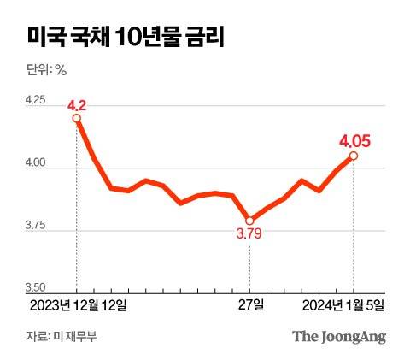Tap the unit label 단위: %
click(47, 70)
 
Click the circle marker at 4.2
click(77, 119)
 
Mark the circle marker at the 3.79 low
click(249, 220)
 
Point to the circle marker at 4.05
click(354, 156)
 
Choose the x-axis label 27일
click(252, 304)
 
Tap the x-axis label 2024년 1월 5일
click(345, 304)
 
